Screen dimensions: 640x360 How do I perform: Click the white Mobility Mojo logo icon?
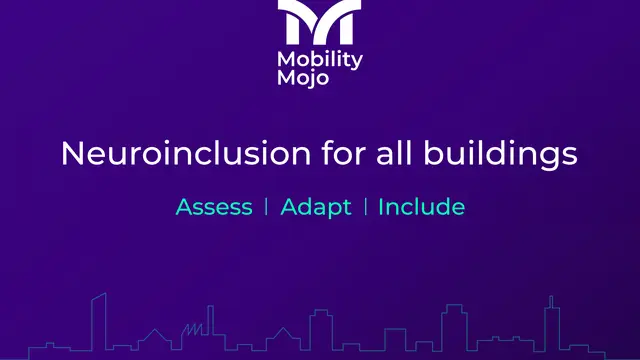coord(319,22)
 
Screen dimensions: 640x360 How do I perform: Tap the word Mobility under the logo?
coord(320,60)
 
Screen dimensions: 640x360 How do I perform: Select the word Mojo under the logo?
coord(303,78)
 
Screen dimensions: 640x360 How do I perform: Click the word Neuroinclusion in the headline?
coord(186,153)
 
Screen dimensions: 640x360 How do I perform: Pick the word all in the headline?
coord(394,153)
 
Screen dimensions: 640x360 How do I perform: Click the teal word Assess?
coord(214,207)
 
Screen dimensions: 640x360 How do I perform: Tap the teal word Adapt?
coord(316,208)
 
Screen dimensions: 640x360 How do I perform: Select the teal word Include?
coord(422,207)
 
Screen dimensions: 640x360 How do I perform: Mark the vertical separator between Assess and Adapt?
coord(267,207)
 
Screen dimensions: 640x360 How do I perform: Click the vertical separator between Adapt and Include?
coord(365,207)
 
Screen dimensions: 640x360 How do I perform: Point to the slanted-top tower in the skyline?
coord(99,322)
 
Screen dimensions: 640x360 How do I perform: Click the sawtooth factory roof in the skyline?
coord(192,329)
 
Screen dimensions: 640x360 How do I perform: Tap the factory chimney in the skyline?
coord(211,320)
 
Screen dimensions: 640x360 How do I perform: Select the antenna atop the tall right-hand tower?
coord(551,302)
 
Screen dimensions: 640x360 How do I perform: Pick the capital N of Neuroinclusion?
coord(73,153)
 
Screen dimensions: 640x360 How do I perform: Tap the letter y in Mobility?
coord(357,62)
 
